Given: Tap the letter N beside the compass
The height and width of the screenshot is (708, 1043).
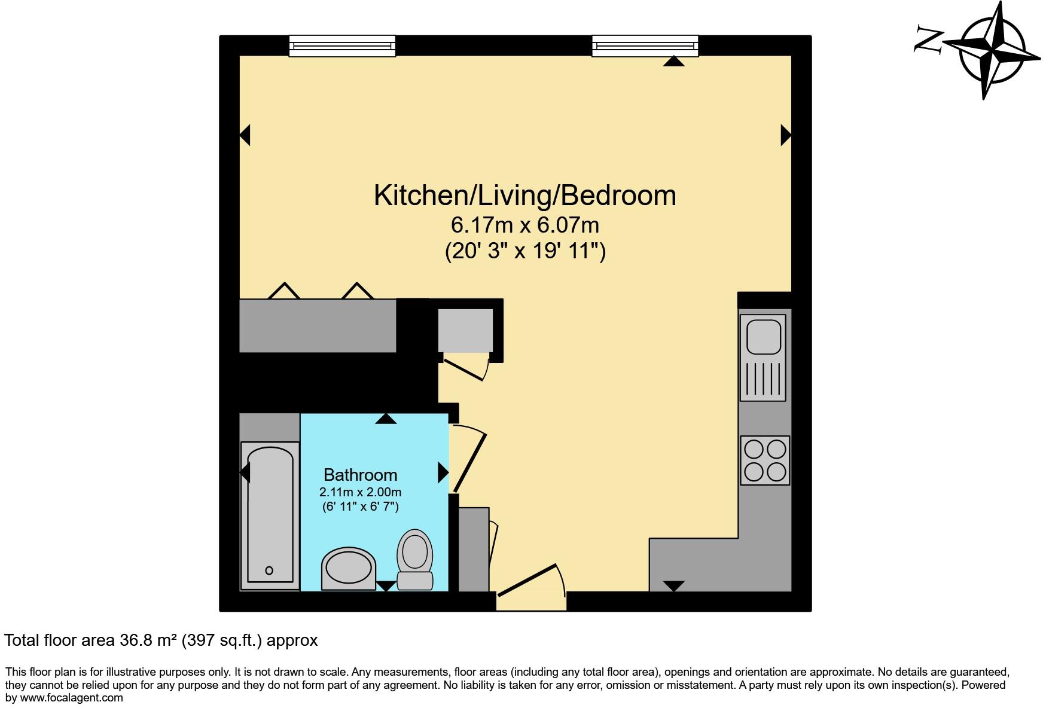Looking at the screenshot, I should pyautogui.click(x=928, y=39).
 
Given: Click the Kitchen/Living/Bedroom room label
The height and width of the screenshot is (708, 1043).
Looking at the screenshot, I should pyautogui.click(x=524, y=196).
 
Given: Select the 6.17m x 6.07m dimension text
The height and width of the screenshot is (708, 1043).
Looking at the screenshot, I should pyautogui.click(x=524, y=225).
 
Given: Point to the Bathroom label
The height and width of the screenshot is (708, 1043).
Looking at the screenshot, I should pyautogui.click(x=360, y=475).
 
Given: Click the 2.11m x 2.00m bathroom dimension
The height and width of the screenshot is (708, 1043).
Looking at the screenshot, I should pyautogui.click(x=360, y=492).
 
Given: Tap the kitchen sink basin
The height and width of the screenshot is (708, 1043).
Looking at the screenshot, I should pyautogui.click(x=763, y=335).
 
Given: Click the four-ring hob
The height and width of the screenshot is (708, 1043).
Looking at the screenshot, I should pyautogui.click(x=765, y=460).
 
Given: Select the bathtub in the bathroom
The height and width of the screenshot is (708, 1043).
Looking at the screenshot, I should pyautogui.click(x=270, y=515).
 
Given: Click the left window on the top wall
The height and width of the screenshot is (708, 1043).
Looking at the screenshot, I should pyautogui.click(x=342, y=46).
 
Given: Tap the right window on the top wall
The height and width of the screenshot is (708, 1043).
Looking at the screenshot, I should pyautogui.click(x=645, y=46).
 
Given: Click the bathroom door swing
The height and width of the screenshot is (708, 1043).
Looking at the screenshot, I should pyautogui.click(x=468, y=458).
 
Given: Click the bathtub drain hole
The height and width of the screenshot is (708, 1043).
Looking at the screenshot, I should pyautogui.click(x=269, y=570).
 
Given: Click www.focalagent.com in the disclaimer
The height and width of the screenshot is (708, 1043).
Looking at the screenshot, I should pyautogui.click(x=72, y=697).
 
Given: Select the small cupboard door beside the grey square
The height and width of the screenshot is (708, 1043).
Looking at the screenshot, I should pyautogui.click(x=465, y=369).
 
